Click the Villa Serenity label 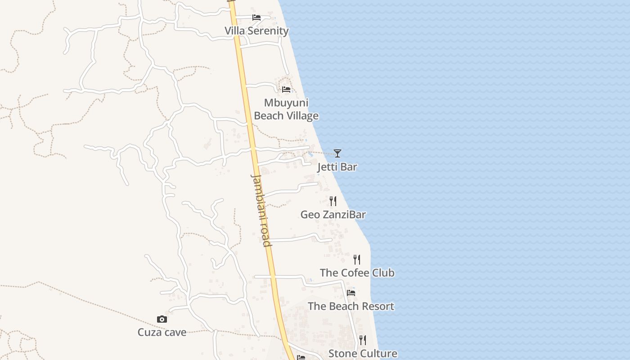256,31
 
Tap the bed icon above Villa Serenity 256,18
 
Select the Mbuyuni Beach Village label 286,109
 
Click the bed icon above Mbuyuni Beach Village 286,89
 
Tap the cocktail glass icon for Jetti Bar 337,153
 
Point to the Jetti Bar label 337,167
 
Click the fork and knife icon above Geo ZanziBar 333,201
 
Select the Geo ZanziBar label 333,215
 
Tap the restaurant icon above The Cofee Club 357,259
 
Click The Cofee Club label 357,273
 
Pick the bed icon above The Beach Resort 351,292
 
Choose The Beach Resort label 351,306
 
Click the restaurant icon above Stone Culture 363,340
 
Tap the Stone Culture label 363,354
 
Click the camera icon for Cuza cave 162,319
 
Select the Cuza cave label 162,333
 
